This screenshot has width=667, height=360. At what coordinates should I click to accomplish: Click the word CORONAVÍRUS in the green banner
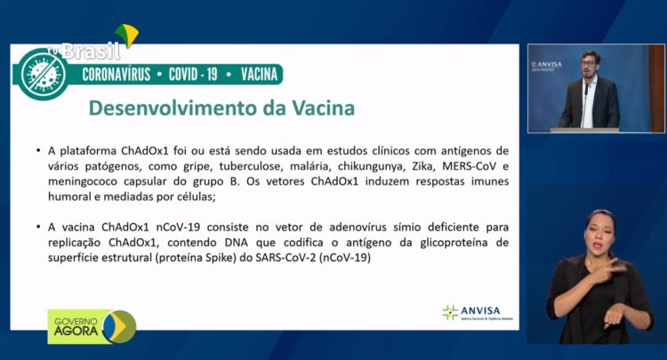click(117, 75)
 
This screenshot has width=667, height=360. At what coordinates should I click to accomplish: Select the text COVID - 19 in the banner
click(193, 75)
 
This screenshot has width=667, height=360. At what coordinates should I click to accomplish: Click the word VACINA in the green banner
click(259, 75)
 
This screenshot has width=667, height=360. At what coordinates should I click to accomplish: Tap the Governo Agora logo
click(92, 326)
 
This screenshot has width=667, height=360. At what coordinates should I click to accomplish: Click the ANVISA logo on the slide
click(478, 312)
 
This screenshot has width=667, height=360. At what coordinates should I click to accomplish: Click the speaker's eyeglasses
click(590, 62)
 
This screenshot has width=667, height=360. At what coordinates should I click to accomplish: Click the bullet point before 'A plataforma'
click(38, 150)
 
